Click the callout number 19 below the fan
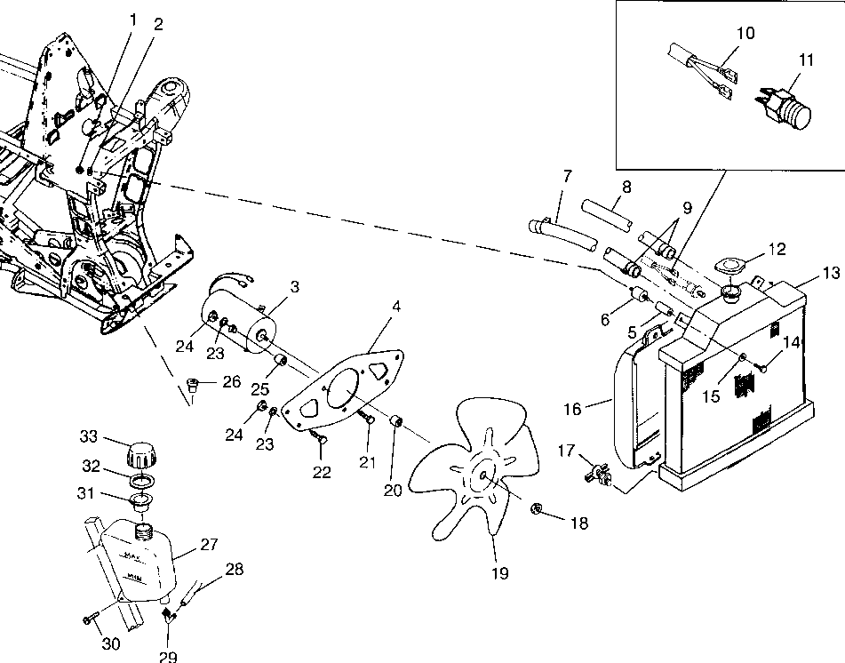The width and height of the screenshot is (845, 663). point(499,573)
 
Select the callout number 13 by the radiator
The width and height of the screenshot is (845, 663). point(830,274)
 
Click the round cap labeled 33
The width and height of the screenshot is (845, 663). point(142,454)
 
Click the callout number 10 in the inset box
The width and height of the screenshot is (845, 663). point(745,34)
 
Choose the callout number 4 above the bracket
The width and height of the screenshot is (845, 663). point(395,307)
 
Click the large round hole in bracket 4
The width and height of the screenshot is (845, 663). point(339,391)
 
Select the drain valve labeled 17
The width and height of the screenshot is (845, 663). point(598,475)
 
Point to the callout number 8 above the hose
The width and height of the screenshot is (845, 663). point(626,188)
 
